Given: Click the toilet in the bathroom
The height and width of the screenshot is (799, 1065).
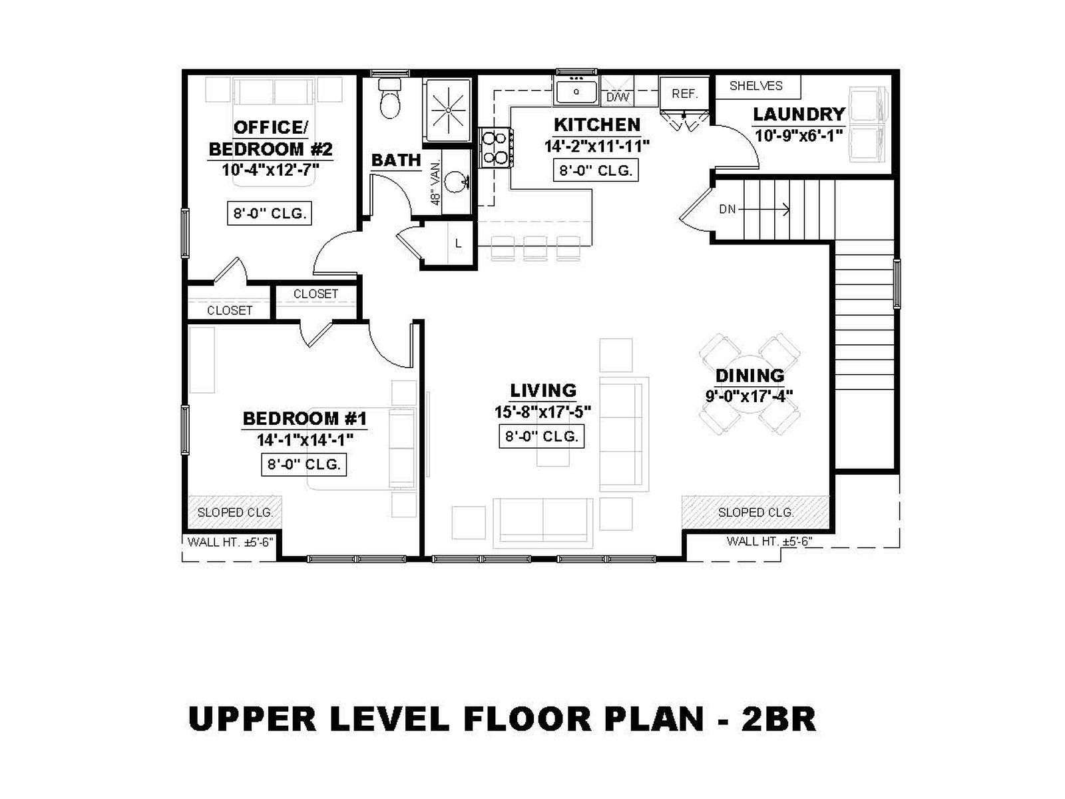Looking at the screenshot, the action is point(389,99).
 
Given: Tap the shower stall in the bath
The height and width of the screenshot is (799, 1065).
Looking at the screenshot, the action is point(449,111).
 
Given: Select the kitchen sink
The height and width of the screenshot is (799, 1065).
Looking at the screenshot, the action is point(576,92).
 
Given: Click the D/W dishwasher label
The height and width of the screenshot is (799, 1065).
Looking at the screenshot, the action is point(618,97).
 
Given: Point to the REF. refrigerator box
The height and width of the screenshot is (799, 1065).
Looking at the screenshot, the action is point(684,93).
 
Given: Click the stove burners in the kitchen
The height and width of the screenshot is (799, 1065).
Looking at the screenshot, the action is point(495,147).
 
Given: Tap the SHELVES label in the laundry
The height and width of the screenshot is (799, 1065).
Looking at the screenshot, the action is point(756,86).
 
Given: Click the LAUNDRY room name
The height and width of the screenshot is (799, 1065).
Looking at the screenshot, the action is point(799,115).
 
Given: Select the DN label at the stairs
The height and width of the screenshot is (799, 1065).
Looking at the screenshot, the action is point(727,209).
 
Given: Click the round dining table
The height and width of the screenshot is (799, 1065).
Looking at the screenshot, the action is point(749,384).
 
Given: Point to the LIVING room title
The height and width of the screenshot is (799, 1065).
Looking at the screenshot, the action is point(543,391).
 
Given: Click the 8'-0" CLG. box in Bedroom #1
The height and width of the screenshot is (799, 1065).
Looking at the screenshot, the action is point(304,465).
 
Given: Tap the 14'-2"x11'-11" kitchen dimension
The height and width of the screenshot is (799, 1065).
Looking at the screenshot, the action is point(596,146).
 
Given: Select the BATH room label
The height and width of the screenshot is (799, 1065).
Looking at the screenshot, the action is point(396,160).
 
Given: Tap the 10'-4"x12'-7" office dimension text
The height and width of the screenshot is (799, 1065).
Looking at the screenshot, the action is point(270,170).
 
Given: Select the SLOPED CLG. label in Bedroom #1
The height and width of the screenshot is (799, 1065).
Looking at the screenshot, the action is point(235,512).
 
